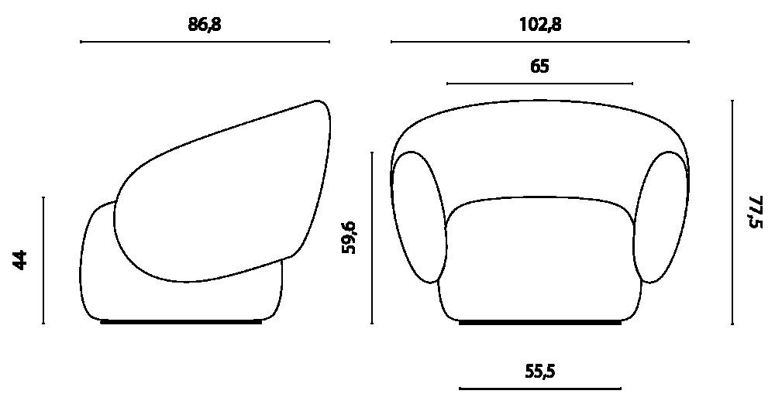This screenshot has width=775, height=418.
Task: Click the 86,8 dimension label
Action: [x=205, y=25]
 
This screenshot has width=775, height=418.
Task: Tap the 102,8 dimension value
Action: [x=539, y=25]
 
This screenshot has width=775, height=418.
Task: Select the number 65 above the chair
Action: [x=539, y=66]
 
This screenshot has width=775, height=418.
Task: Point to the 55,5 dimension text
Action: [x=539, y=371]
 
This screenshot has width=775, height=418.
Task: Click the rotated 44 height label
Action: [x=20, y=260]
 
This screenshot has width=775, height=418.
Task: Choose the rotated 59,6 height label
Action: [x=349, y=238]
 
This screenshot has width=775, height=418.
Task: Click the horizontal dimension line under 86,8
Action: [x=205, y=42]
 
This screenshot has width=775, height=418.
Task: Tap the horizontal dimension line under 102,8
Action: [x=539, y=42]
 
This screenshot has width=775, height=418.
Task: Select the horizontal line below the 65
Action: [x=539, y=84]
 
